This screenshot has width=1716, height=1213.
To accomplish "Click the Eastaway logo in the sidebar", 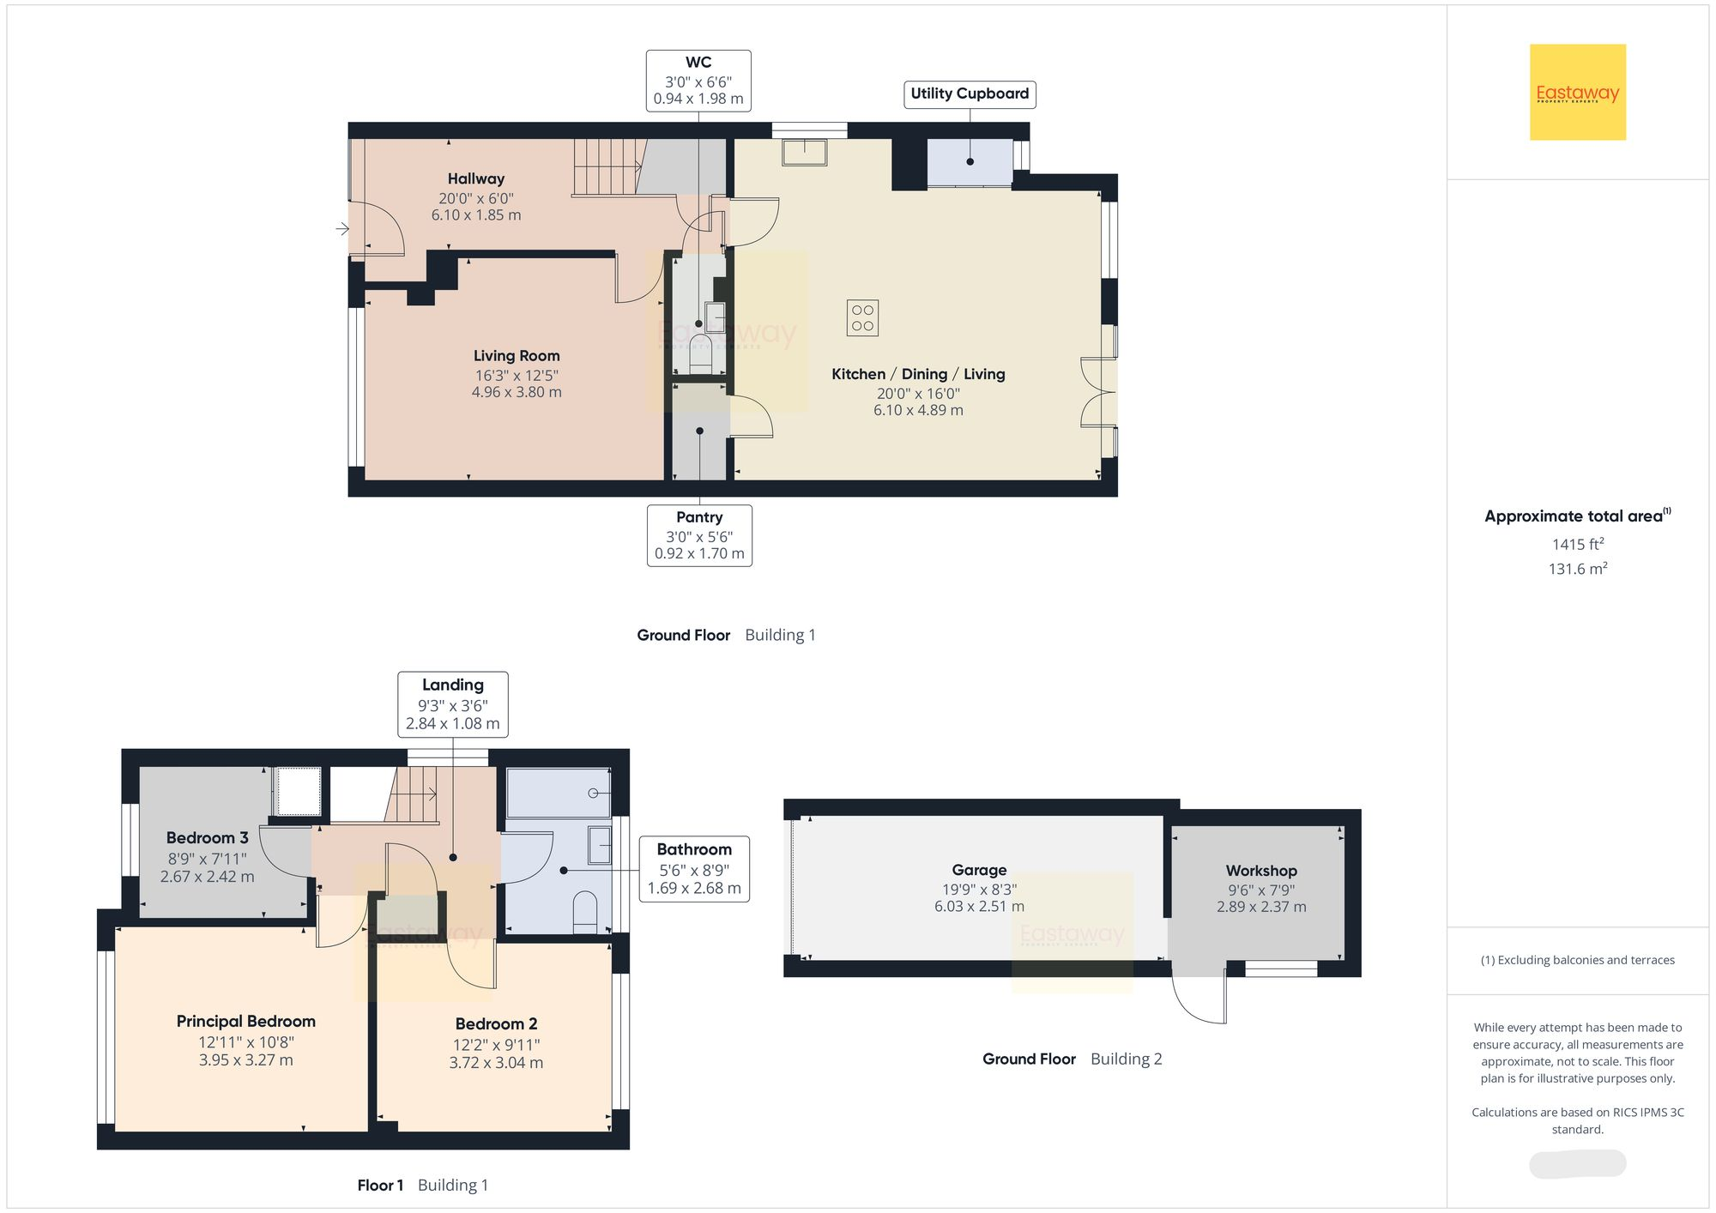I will point(1577,93).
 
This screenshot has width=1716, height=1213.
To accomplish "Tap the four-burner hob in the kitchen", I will point(862,317).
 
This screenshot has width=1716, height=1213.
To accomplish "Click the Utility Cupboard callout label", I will point(970,94).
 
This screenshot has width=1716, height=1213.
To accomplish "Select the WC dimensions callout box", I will point(698,81).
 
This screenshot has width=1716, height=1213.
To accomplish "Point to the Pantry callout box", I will point(699,535).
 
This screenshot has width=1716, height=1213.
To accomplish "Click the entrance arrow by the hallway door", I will point(342,228).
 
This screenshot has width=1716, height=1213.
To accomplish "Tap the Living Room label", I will point(517,355).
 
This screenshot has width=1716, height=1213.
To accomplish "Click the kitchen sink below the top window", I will point(804,152).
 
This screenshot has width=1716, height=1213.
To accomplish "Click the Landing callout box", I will point(453,704).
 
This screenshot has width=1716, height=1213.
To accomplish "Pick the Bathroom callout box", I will point(694,868).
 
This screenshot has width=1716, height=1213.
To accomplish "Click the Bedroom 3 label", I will point(208,837).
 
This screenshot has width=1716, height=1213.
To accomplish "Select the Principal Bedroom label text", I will point(246,1021).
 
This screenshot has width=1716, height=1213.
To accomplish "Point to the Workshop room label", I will point(1261,871).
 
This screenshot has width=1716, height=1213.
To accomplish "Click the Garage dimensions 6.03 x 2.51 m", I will point(979,907).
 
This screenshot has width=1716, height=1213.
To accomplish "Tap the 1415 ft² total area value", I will point(1577,544).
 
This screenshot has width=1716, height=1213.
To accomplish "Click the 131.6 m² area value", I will point(1577,569).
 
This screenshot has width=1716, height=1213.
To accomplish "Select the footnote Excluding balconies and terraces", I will point(1577,960).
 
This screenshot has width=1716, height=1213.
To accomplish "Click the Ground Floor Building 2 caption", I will point(1072,1059).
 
